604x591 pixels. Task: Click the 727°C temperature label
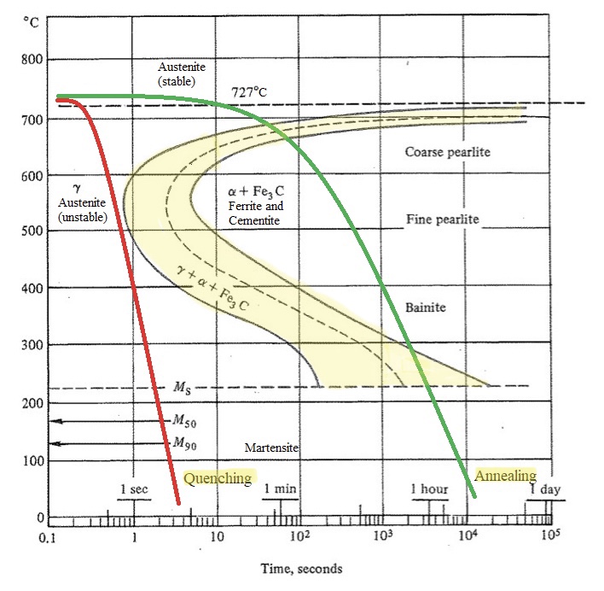256,91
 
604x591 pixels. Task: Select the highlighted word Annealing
506,476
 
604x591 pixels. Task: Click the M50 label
186,420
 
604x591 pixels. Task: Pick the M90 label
186,442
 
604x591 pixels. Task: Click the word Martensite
270,448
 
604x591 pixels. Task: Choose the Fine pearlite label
443,219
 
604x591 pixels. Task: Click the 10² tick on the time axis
299,535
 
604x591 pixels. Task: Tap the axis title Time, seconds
299,567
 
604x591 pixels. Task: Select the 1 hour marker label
429,489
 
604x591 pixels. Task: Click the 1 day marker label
543,489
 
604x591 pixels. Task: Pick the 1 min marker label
280,489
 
